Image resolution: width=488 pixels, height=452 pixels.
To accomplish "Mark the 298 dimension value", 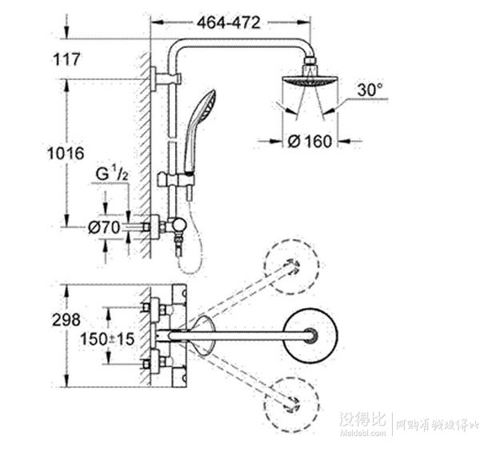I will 65,319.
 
